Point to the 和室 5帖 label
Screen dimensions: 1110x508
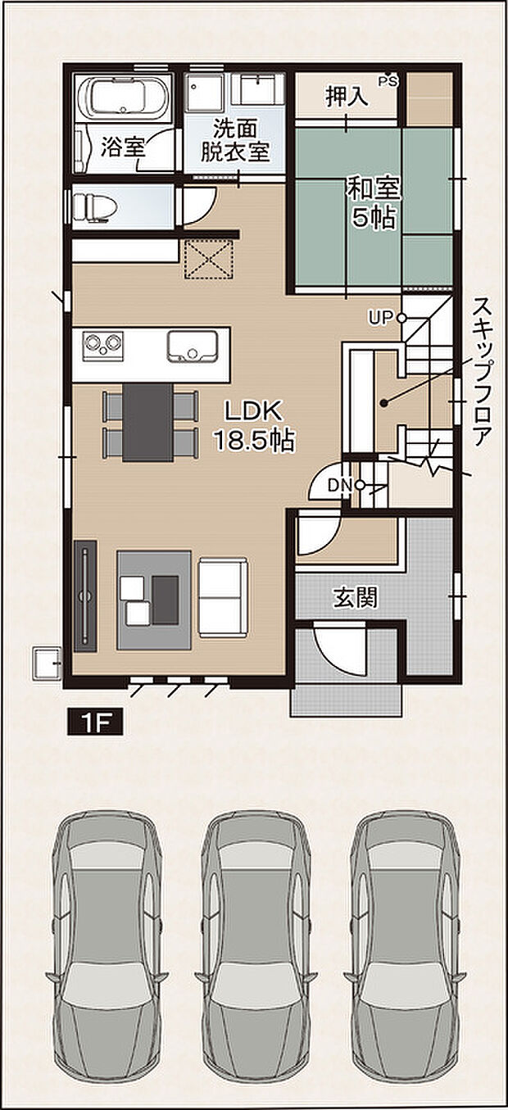pyautogui.click(x=374, y=202)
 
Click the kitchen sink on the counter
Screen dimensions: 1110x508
pyautogui.click(x=193, y=347)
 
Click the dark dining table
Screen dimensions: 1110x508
pyautogui.click(x=147, y=421)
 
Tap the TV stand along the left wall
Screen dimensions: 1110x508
pyautogui.click(x=85, y=596)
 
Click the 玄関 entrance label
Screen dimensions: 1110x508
pyautogui.click(x=355, y=599)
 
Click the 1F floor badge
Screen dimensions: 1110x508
pyautogui.click(x=95, y=723)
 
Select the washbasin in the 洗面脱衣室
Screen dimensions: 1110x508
pyautogui.click(x=258, y=88)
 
